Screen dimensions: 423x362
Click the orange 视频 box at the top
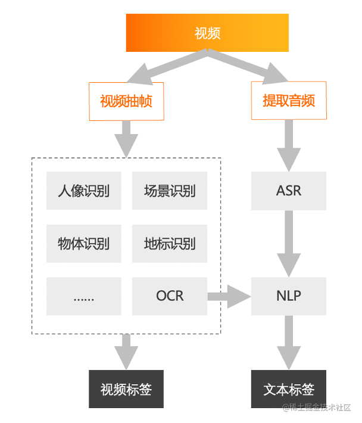[207, 33]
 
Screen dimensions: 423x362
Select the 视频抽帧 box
[126, 101]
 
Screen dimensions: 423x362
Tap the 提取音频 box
[289, 101]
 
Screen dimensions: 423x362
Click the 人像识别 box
[84, 191]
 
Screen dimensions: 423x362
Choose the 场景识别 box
[170, 191]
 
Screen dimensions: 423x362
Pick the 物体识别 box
[84, 244]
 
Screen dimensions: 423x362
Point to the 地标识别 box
[170, 244]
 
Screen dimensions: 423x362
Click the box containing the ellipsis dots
[84, 296]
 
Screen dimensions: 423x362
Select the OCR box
[170, 296]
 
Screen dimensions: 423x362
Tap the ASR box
[289, 191]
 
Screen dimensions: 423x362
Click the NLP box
[289, 296]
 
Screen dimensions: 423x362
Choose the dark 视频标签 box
[126, 390]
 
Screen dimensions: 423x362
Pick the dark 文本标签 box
[289, 390]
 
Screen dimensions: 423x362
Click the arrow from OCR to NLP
[229, 296]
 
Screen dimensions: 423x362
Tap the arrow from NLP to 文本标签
[289, 342]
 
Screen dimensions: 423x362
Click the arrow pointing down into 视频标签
[126, 352]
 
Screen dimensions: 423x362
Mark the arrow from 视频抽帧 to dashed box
[126, 139]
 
